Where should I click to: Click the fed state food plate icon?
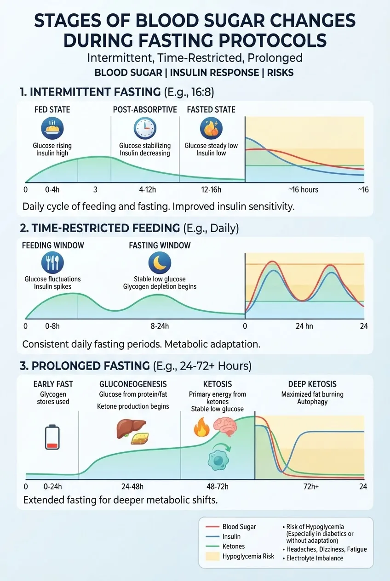pos(52,128)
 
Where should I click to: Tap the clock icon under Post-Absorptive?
pos(145,128)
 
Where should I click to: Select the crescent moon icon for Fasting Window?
pos(160,262)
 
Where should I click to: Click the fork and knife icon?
pos(52,262)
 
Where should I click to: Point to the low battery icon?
pos(52,437)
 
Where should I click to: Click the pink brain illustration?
pos(225,427)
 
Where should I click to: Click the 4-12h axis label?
pos(147,189)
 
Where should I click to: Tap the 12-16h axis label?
pos(211,189)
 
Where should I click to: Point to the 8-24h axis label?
pos(160,326)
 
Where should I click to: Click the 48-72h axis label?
pos(218,486)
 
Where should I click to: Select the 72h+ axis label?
pos(311,486)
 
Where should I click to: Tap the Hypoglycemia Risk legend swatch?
pos(212,556)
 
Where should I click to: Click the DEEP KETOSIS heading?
pos(312,384)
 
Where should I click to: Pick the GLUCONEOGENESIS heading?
pos(133,384)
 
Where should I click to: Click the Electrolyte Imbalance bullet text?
pos(315,558)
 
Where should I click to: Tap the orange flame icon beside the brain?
pos(201,427)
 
